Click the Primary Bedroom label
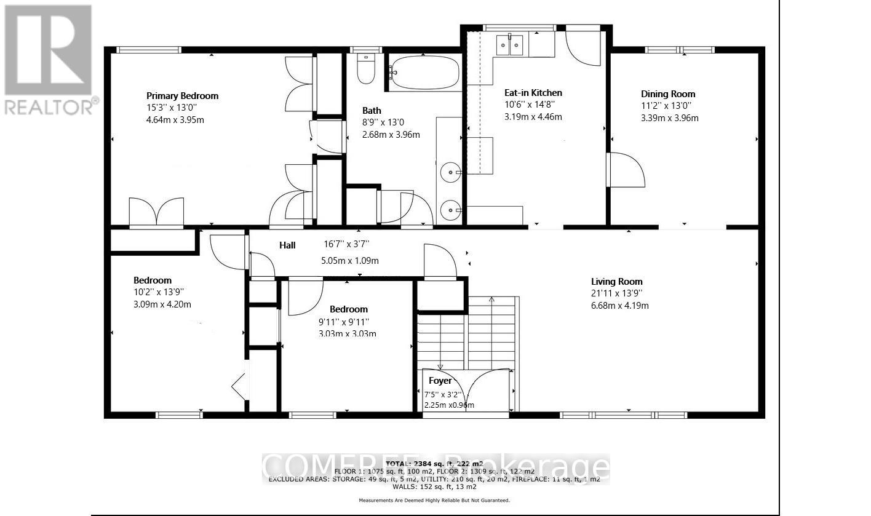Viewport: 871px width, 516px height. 182,95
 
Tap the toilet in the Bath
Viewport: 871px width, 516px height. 366,70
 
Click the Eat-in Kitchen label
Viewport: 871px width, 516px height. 529,93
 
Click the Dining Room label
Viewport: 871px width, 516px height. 668,94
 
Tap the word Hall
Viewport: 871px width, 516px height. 287,245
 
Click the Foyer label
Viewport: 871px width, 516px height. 440,381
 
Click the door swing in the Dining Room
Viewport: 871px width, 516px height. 626,170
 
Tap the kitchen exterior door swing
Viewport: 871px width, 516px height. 583,46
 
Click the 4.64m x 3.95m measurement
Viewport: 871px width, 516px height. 171,119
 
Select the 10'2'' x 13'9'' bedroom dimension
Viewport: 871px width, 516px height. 159,292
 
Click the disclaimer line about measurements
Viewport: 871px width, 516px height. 434,501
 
